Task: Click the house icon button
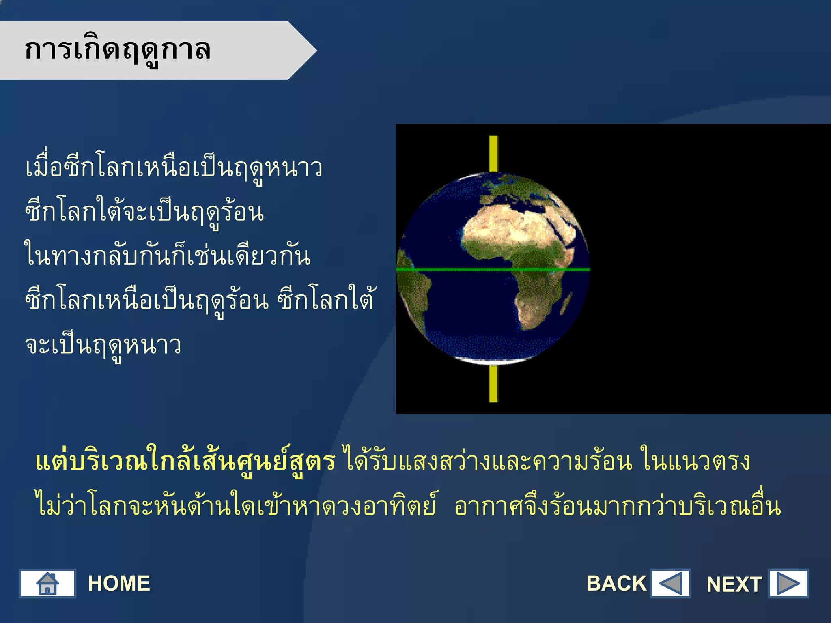pyautogui.click(x=47, y=583)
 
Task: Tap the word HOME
pyautogui.click(x=119, y=584)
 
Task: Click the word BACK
pyautogui.click(x=616, y=584)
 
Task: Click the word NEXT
pyautogui.click(x=734, y=584)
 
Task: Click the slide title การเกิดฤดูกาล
pyautogui.click(x=118, y=50)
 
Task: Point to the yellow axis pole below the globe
pyautogui.click(x=493, y=383)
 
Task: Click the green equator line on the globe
pyautogui.click(x=467, y=269)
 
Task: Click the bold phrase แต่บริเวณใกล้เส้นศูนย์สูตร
pyautogui.click(x=185, y=462)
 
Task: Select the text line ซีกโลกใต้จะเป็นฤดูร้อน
pyautogui.click(x=144, y=213)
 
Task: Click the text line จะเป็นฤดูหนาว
pyautogui.click(x=103, y=346)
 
